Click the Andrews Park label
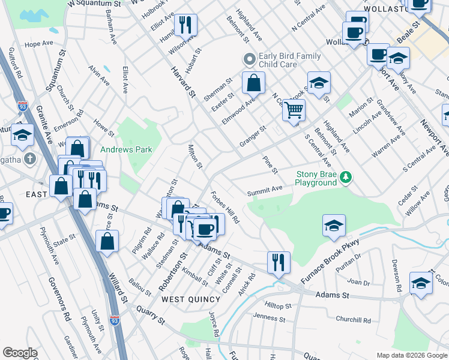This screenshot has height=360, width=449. click(x=126, y=149)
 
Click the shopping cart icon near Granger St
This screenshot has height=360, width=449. click(x=294, y=110)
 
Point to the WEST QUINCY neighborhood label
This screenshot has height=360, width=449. click(x=189, y=299)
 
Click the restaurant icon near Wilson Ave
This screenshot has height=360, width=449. click(x=185, y=25)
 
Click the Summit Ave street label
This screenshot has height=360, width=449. click(x=265, y=190)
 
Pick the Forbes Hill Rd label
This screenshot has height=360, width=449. click(x=226, y=208)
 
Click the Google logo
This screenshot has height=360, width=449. click(x=20, y=353)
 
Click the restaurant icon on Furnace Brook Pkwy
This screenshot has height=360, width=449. click(x=279, y=262)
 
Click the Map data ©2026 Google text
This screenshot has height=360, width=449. click(x=411, y=355)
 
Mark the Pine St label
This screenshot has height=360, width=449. click(x=271, y=165)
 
